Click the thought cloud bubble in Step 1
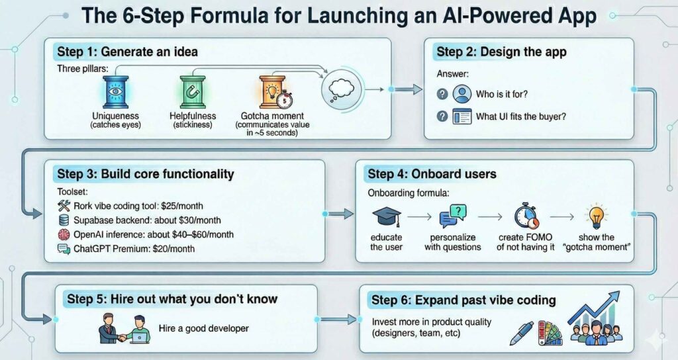point(343,89)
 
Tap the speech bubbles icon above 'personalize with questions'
point(453,216)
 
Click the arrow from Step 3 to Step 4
point(341,213)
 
